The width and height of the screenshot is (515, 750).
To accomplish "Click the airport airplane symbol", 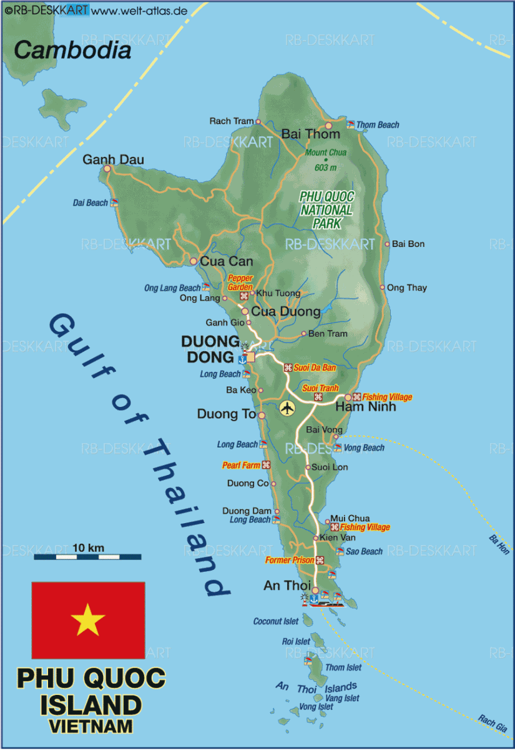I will click(x=287, y=408).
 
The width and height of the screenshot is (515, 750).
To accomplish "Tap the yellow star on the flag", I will click(x=88, y=620).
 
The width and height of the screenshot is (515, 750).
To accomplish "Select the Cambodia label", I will click(x=72, y=51).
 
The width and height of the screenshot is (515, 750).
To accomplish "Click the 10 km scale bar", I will click(x=87, y=556).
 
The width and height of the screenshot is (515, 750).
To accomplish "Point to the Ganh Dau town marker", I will click(x=107, y=169).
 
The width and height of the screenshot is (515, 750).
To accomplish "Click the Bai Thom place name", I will click(x=311, y=134).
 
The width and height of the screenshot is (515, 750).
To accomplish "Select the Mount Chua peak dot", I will click(x=325, y=159).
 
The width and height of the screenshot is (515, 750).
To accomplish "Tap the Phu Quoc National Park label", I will click(x=326, y=209).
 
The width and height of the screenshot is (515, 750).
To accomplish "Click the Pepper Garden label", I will click(x=240, y=282).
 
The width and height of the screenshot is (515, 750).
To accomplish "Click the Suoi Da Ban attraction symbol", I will click(x=288, y=367).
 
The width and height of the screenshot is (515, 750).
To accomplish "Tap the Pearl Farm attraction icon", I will click(x=266, y=465).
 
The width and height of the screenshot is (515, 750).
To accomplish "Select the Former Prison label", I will click(x=290, y=560).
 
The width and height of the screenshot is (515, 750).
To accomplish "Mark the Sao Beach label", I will click(x=364, y=551).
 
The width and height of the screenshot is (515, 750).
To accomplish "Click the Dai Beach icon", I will click(x=114, y=202).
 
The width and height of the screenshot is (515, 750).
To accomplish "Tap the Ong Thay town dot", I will click(x=383, y=288).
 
